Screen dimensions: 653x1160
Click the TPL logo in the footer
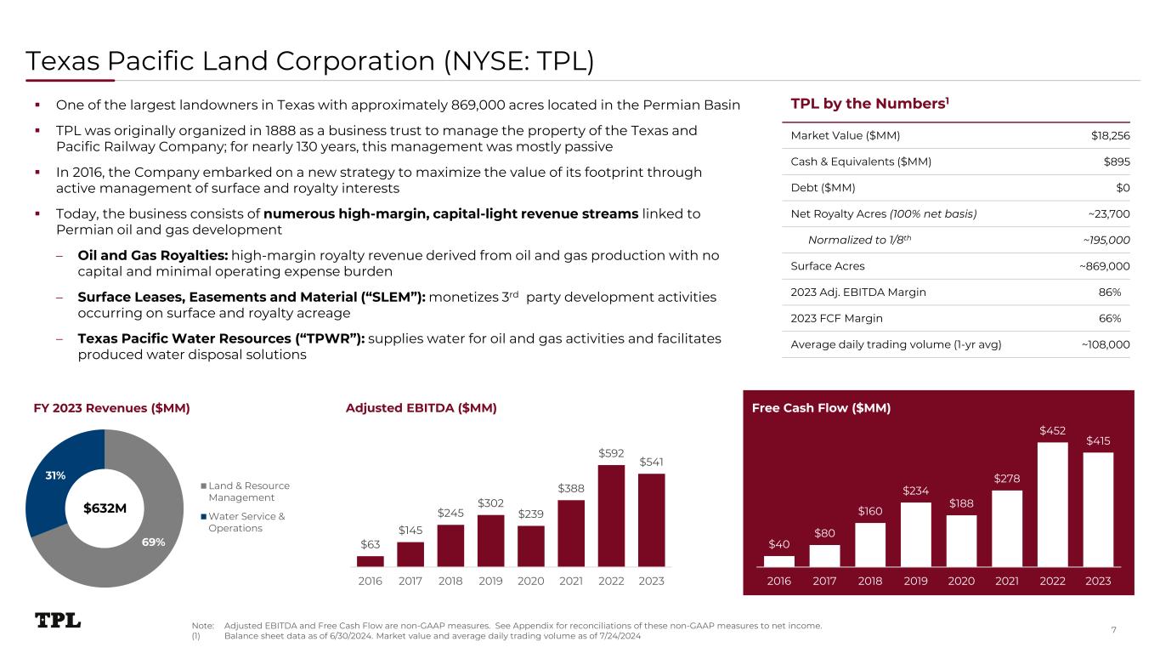coord(58,621)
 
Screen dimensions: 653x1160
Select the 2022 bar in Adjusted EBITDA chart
coord(611,515)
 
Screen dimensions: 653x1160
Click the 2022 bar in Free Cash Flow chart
coord(1052,503)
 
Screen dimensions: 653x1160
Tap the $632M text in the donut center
coord(105,508)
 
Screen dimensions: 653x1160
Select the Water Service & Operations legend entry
coord(246,522)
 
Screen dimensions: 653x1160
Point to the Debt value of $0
coord(1123,188)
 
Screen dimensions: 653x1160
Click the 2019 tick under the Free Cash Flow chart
coord(916,581)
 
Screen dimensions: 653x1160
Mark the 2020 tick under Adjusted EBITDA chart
coord(531,581)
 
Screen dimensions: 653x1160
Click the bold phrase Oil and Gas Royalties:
coord(152,254)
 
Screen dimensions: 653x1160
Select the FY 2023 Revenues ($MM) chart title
coord(111,408)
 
